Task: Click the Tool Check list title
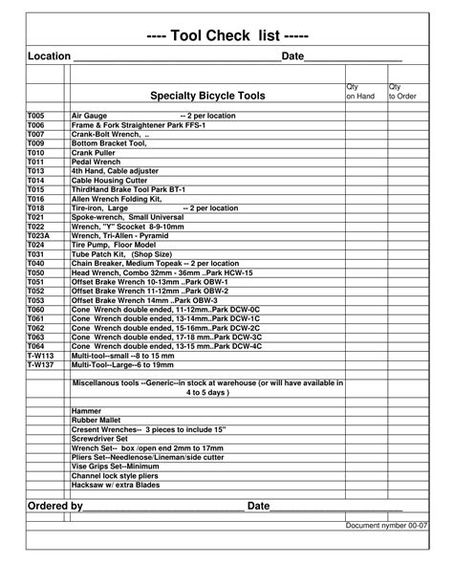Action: [x=227, y=35]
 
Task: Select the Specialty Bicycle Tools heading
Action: [x=207, y=97]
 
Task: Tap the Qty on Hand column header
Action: [x=360, y=92]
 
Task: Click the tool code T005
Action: [x=35, y=116]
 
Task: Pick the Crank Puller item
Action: [x=94, y=153]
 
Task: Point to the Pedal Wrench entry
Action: [x=96, y=163]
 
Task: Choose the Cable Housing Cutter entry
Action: [x=110, y=181]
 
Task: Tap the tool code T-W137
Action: [x=40, y=365]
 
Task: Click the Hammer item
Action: [x=86, y=411]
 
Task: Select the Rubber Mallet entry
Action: [x=96, y=421]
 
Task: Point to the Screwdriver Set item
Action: [x=100, y=439]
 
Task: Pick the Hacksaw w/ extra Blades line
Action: [x=117, y=485]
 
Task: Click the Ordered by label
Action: [x=54, y=506]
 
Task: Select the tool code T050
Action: [x=35, y=272]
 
